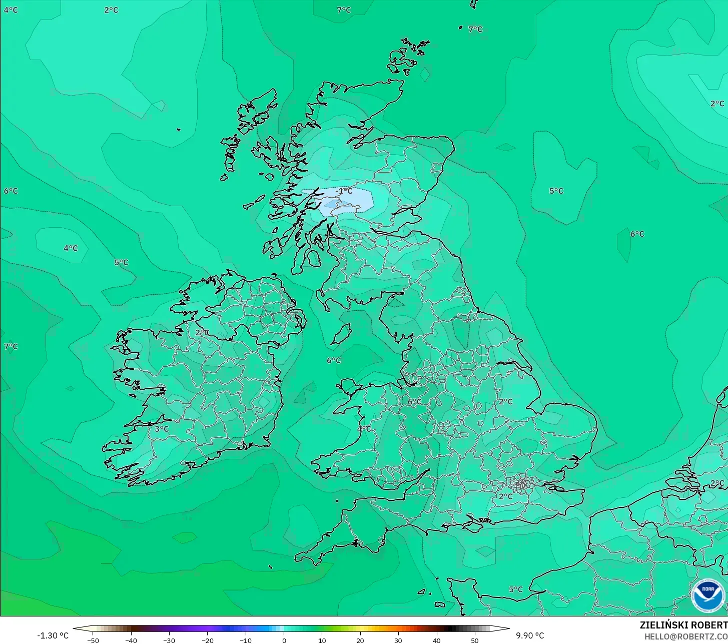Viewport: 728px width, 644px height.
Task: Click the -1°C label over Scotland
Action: point(344,191)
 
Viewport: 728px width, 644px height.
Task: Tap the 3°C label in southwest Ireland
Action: point(162,429)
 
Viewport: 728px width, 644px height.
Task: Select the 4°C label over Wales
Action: point(364,429)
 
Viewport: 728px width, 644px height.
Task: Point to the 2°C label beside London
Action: point(506,496)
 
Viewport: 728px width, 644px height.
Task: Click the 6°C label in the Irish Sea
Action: point(334,360)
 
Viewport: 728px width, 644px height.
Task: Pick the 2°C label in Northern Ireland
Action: point(202,333)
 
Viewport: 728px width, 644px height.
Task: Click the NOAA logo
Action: point(707,596)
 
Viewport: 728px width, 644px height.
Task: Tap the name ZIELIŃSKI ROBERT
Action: point(683,625)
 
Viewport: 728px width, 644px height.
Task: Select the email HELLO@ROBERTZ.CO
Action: point(685,636)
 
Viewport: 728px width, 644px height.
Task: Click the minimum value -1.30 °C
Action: point(53,635)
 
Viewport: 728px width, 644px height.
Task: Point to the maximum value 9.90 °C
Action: point(530,635)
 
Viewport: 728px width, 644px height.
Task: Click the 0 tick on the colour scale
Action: point(284,640)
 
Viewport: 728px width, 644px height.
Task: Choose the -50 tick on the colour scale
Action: point(93,640)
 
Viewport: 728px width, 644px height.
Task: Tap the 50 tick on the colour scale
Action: point(475,640)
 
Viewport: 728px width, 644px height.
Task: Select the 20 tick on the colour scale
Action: point(360,640)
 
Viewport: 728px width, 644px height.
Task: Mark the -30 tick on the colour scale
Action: point(169,640)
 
